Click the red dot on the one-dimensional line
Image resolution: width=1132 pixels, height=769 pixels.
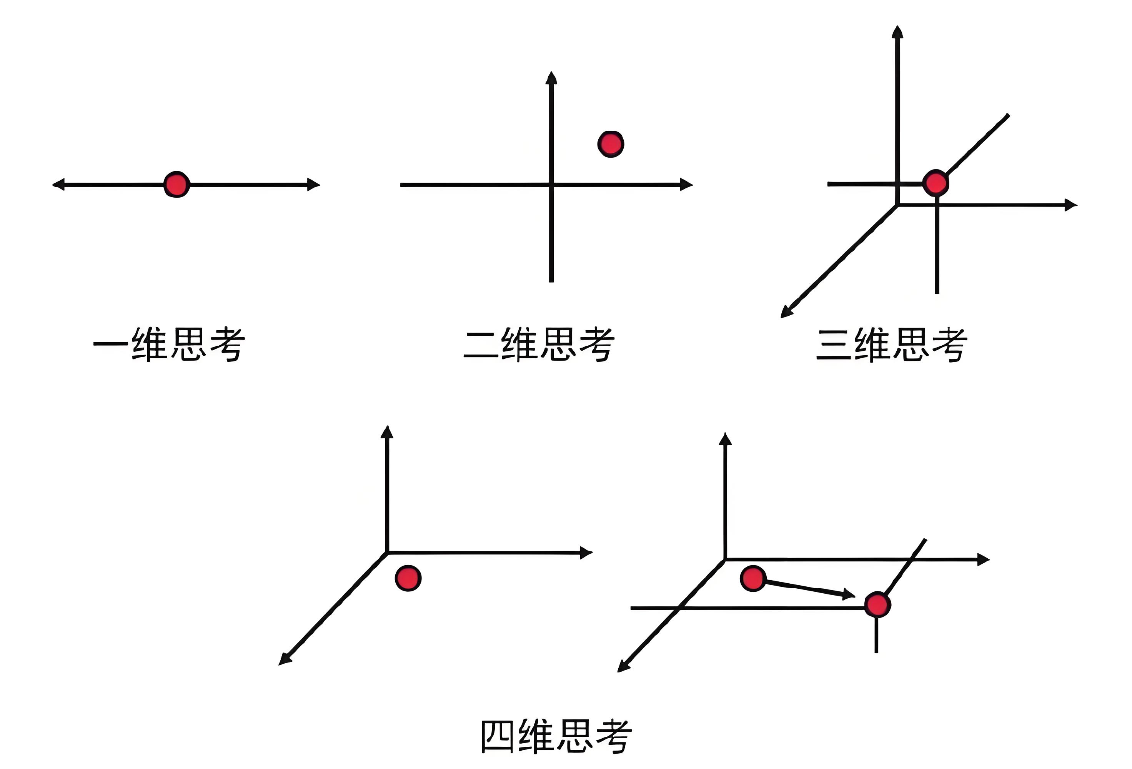[x=176, y=185]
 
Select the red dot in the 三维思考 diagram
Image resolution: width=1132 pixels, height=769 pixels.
[x=935, y=183]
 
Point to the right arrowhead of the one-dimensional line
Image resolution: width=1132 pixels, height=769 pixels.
[x=314, y=185]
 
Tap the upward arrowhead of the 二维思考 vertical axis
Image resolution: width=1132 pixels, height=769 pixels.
[x=551, y=78]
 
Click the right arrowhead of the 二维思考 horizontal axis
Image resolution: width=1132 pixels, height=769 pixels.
[x=687, y=185]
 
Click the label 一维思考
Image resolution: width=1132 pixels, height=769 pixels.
[x=169, y=345]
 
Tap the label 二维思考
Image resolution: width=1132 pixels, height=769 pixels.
[x=539, y=345]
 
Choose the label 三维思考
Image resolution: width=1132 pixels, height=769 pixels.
[x=892, y=345]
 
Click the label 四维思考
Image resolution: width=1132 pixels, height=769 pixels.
[x=556, y=736]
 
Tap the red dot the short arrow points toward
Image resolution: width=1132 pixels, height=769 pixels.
[x=877, y=605]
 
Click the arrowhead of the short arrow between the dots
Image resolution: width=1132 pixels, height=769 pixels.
[x=849, y=594]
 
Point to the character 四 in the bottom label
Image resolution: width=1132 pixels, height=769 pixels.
[x=497, y=736]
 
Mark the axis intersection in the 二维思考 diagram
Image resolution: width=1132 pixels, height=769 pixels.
[x=551, y=185]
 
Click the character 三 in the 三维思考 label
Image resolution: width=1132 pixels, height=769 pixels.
[x=833, y=345]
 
